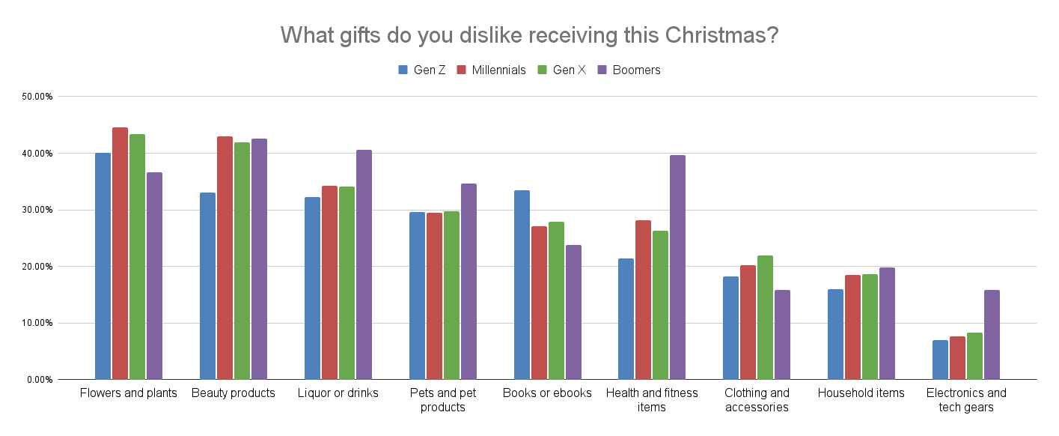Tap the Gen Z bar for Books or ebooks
(x=522, y=285)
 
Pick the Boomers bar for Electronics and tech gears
(x=992, y=335)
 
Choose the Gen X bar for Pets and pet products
(x=451, y=295)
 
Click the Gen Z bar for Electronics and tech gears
(x=940, y=360)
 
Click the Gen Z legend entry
(x=422, y=70)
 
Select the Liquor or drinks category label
(x=338, y=393)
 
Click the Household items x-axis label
(x=861, y=393)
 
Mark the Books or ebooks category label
(x=547, y=393)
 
